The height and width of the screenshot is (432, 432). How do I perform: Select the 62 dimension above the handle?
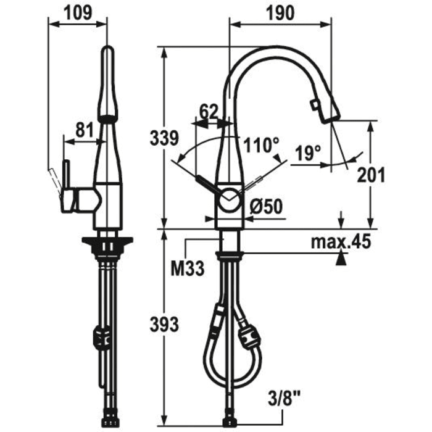pos(208,112)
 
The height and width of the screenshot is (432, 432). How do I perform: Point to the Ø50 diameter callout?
pos(266,207)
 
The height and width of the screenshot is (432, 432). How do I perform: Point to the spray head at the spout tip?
pos(325,110)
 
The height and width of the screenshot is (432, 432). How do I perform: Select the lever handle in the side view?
pos(65,182)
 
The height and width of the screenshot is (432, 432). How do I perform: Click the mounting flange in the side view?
pos(107,244)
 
